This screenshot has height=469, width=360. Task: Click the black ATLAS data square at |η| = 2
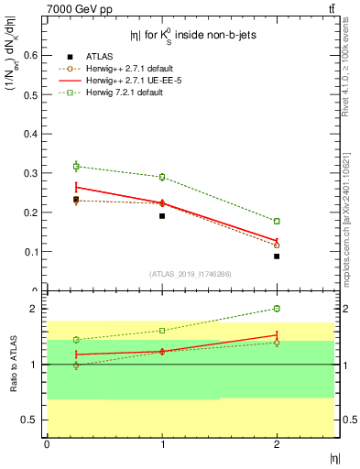coord(277,256)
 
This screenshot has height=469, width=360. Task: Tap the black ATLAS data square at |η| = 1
coord(162,216)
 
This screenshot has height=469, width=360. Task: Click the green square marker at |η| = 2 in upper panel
coord(277,221)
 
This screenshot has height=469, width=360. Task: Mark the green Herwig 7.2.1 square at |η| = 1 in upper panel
coord(162,177)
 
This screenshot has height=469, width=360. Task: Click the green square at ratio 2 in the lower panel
coord(277,309)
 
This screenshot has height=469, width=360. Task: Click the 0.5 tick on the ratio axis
coord(33,420)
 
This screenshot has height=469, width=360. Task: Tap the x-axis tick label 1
coord(162,444)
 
